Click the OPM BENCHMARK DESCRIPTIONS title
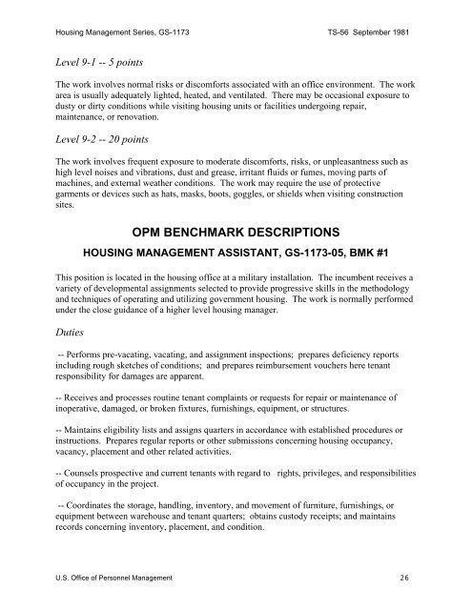click(x=235, y=232)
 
